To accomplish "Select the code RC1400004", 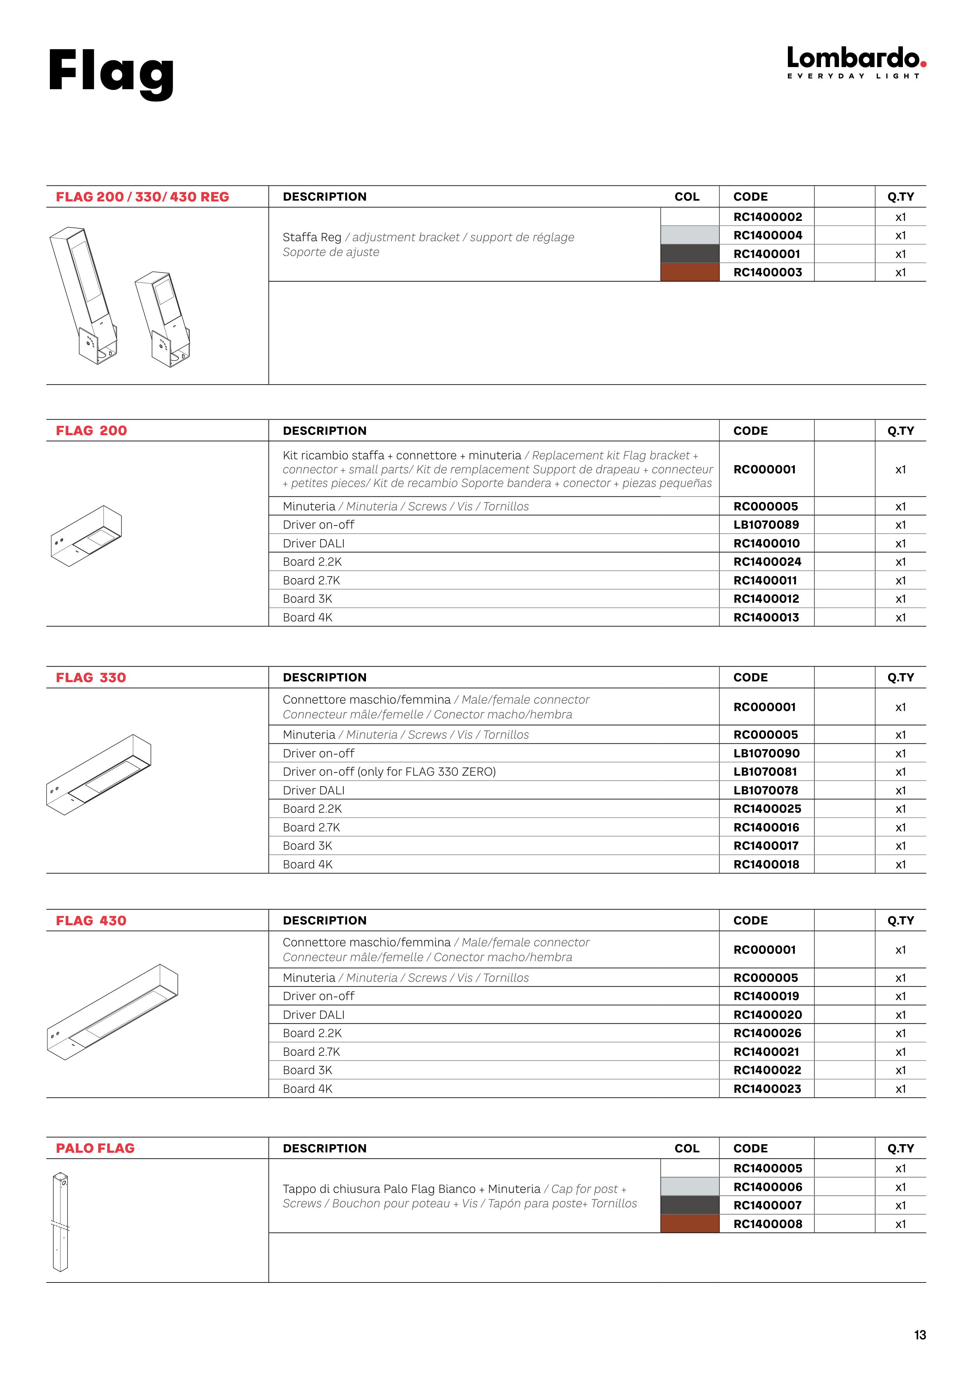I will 767,236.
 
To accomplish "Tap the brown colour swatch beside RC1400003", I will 689,272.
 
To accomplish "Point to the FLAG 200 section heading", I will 91,431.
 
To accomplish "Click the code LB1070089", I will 766,525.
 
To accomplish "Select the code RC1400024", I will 767,562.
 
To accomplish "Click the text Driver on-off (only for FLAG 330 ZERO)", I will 389,772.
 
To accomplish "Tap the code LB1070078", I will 766,790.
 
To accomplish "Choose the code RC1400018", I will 766,864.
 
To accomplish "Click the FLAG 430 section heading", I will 91,921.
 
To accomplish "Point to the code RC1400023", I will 767,1089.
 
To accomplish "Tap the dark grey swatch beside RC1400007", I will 689,1205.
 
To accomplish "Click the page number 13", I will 920,1335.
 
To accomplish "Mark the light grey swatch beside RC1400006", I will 689,1187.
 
